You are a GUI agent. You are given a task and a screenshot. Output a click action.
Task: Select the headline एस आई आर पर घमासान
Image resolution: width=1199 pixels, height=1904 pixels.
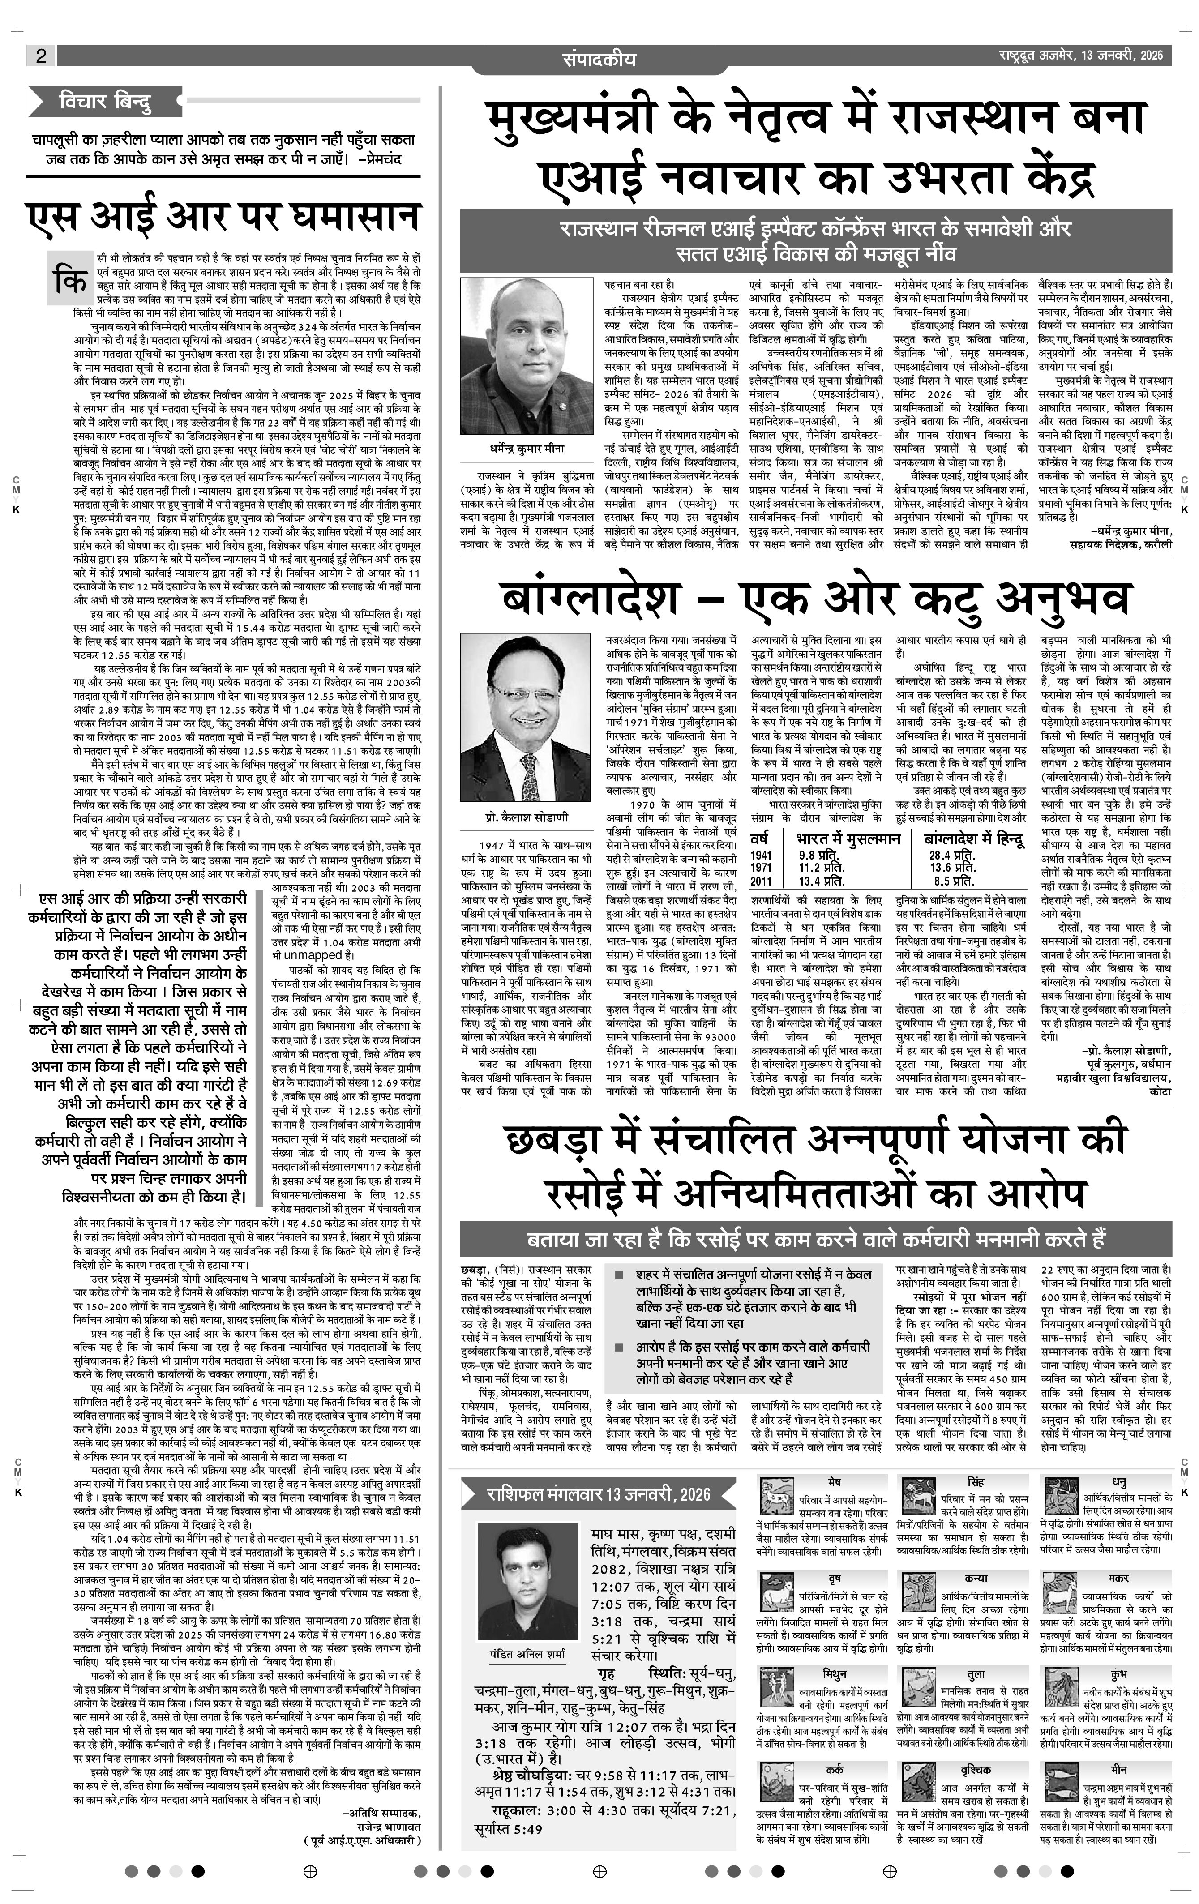223,218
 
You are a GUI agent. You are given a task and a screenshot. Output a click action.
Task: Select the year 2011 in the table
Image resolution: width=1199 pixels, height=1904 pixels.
761,881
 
